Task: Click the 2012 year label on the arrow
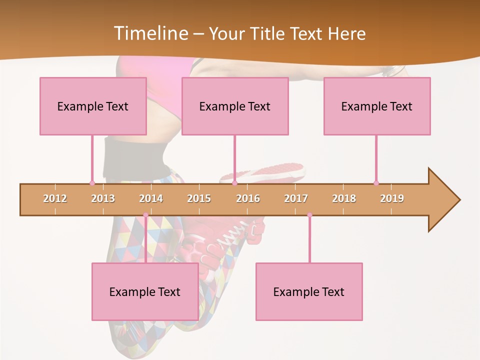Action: pos(55,198)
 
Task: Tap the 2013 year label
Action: pos(103,198)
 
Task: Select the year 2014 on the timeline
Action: pos(151,198)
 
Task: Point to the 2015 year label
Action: pos(199,198)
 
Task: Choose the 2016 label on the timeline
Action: pos(248,198)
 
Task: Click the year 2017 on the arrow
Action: pos(296,198)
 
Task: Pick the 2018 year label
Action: pos(344,198)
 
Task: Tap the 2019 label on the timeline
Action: pos(392,198)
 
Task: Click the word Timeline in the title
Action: pos(150,33)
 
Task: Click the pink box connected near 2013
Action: pos(93,106)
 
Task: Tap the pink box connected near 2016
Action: pos(235,106)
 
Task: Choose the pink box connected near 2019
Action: pos(377,106)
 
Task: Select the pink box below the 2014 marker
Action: pos(145,291)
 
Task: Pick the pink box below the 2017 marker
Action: pos(309,291)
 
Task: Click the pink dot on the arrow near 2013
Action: pos(92,183)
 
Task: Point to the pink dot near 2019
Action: pos(376,183)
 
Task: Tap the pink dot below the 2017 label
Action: pos(309,215)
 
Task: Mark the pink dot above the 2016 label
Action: pos(234,183)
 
